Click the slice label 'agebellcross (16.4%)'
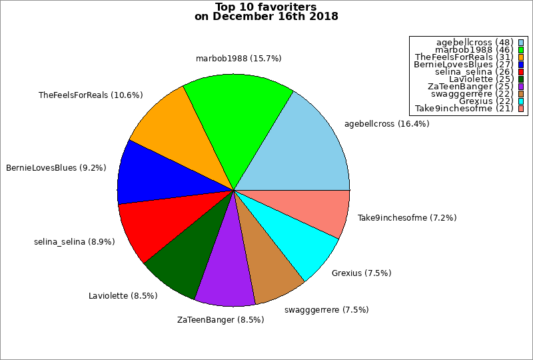(x=386, y=123)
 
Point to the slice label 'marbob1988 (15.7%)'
(x=239, y=59)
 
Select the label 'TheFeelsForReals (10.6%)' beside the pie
(x=91, y=95)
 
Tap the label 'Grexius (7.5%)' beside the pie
(x=361, y=273)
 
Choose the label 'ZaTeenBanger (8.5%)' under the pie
(x=221, y=319)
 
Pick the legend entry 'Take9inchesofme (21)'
(x=464, y=109)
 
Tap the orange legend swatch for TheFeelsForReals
(x=522, y=57)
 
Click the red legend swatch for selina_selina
(x=522, y=72)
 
